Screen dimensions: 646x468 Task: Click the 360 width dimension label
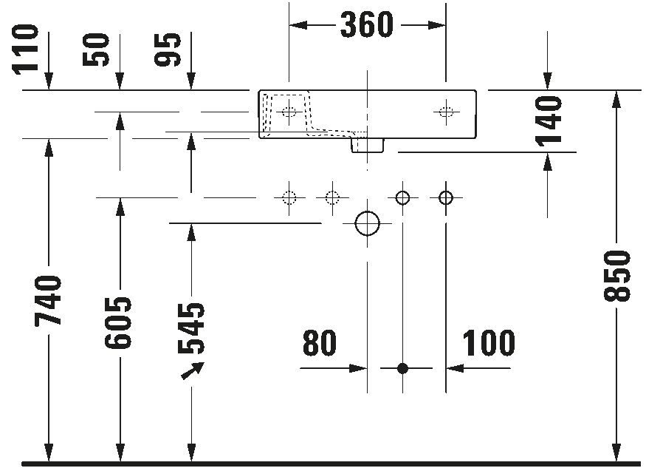367,24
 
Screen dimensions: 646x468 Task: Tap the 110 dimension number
26,50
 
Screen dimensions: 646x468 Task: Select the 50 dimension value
96,50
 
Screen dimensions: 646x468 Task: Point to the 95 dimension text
168,50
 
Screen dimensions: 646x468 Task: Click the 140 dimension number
549,121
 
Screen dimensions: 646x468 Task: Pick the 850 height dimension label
616,276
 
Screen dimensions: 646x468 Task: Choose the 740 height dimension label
48,300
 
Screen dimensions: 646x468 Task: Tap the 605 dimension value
118,322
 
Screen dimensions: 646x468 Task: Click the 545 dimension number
190,328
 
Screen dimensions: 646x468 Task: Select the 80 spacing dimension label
320,342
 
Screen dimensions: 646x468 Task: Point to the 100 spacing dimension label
489,342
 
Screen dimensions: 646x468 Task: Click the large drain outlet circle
367,223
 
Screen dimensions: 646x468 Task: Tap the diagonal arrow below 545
193,370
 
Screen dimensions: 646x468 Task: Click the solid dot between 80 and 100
402,368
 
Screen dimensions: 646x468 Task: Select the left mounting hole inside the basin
289,112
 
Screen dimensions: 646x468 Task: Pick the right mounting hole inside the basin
446,112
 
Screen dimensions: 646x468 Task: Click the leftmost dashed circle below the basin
289,197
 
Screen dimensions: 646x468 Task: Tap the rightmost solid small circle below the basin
446,197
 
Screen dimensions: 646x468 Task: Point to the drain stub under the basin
368,145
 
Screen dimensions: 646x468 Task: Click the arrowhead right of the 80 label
358,368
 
